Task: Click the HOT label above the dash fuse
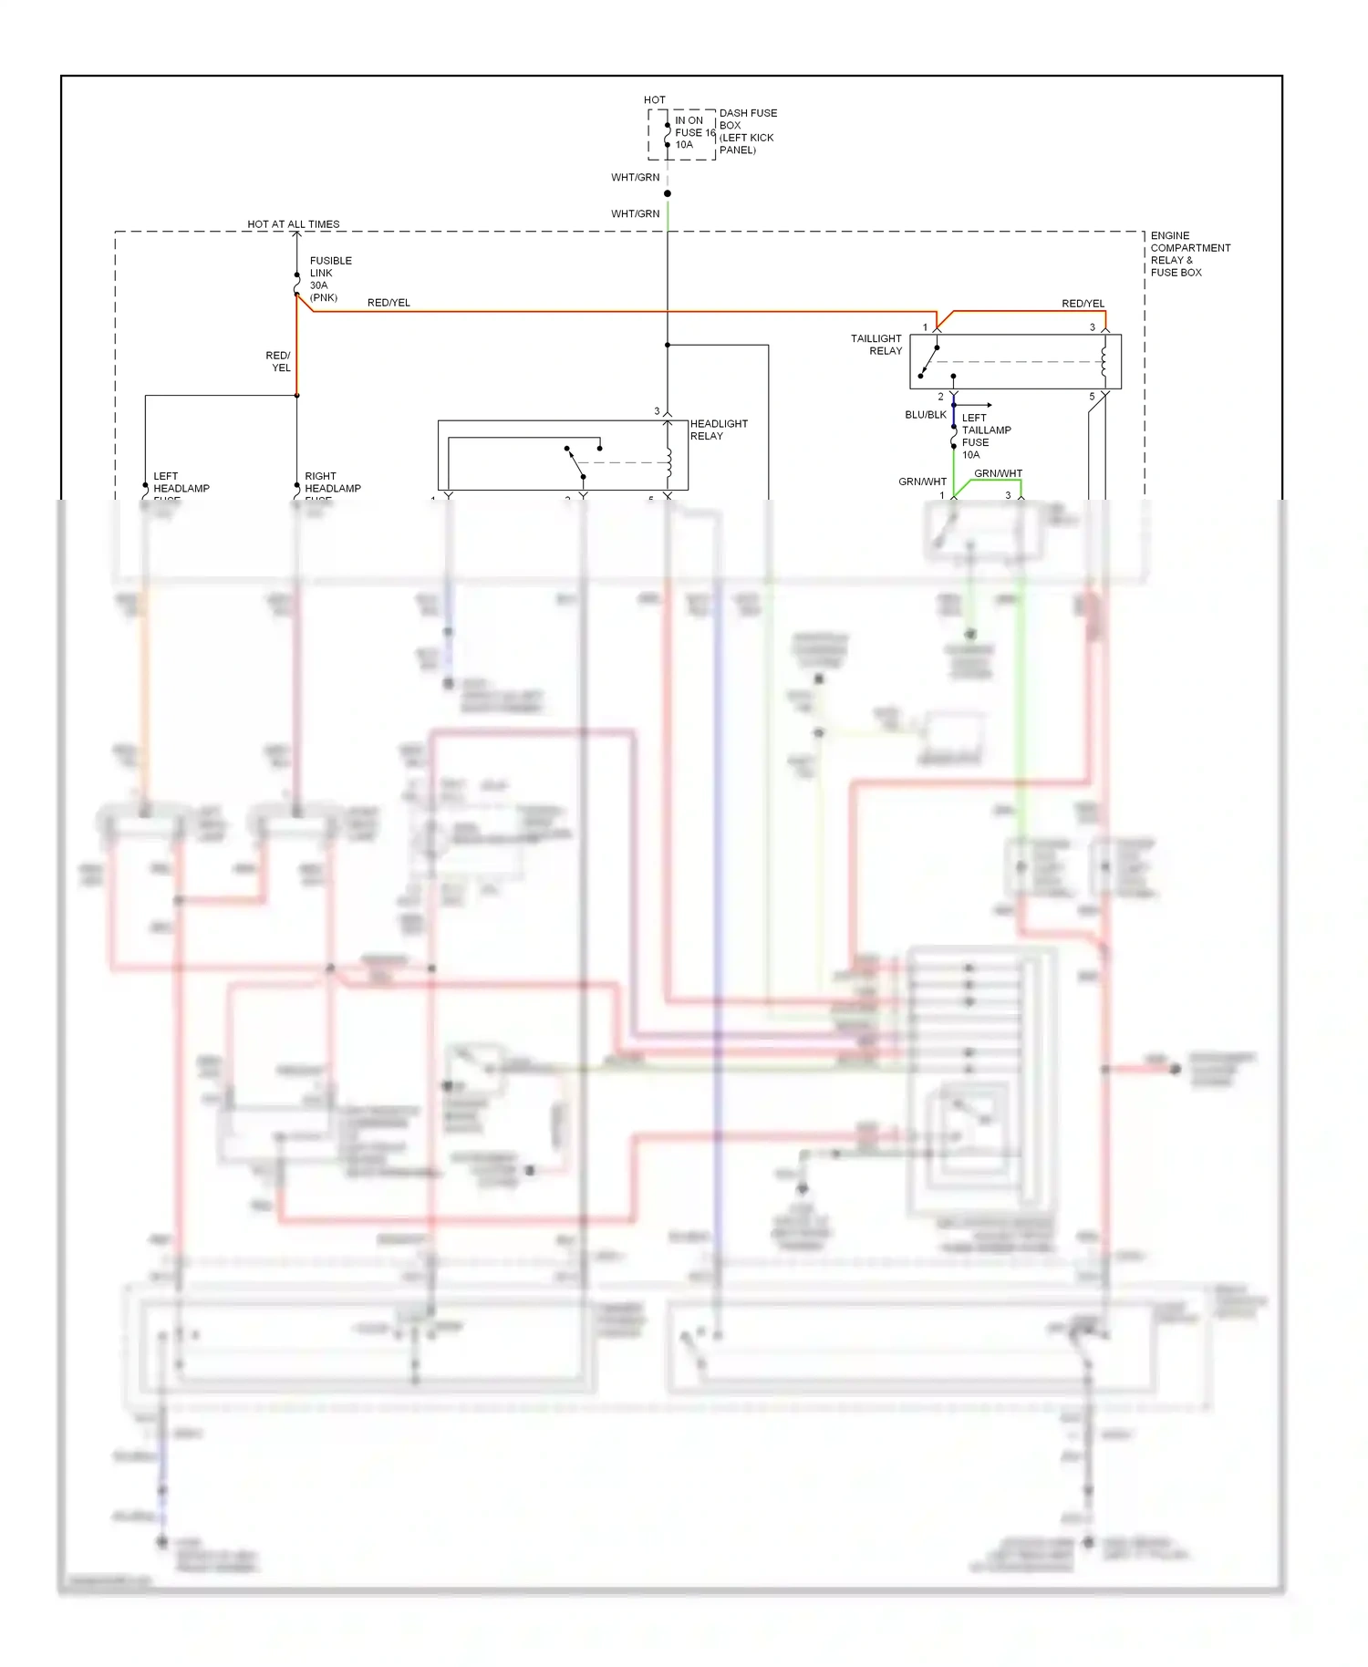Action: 654,100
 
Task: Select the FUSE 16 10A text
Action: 694,133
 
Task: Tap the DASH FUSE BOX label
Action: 747,131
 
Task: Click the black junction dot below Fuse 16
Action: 668,193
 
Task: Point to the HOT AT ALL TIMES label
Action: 293,224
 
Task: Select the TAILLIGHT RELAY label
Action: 876,345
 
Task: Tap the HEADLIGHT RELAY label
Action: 718,430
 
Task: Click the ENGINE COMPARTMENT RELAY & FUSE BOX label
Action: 1189,254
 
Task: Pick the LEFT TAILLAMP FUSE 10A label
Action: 985,436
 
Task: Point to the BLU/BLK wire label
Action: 925,415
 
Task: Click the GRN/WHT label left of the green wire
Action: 921,481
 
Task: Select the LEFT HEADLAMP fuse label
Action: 180,483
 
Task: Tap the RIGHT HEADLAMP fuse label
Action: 332,483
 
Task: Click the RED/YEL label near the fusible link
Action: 389,303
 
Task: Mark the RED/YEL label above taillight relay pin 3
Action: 1083,304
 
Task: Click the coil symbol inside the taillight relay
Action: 1104,361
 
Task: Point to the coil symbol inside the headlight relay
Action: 669,462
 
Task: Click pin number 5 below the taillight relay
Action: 1092,397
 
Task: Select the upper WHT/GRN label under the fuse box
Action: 635,178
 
